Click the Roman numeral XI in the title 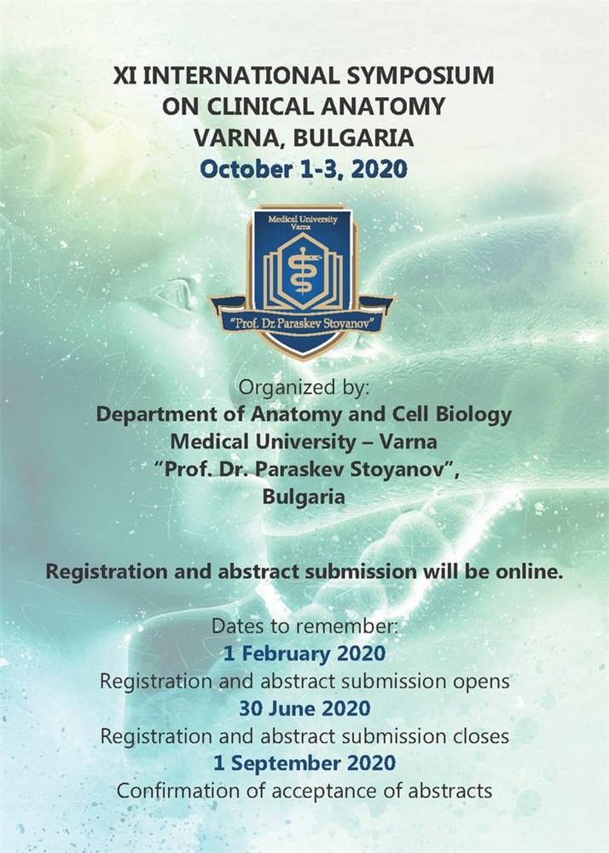tap(125, 75)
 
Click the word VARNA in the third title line tap(239, 138)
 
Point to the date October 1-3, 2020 tap(304, 169)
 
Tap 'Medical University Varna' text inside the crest tap(302, 222)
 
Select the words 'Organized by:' tap(304, 387)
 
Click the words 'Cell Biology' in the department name tap(452, 415)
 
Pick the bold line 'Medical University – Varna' tap(304, 441)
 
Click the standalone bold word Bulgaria tap(304, 496)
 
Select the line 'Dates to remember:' tap(304, 626)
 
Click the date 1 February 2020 tap(304, 653)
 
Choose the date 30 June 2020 tap(304, 708)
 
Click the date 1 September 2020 tap(304, 763)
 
